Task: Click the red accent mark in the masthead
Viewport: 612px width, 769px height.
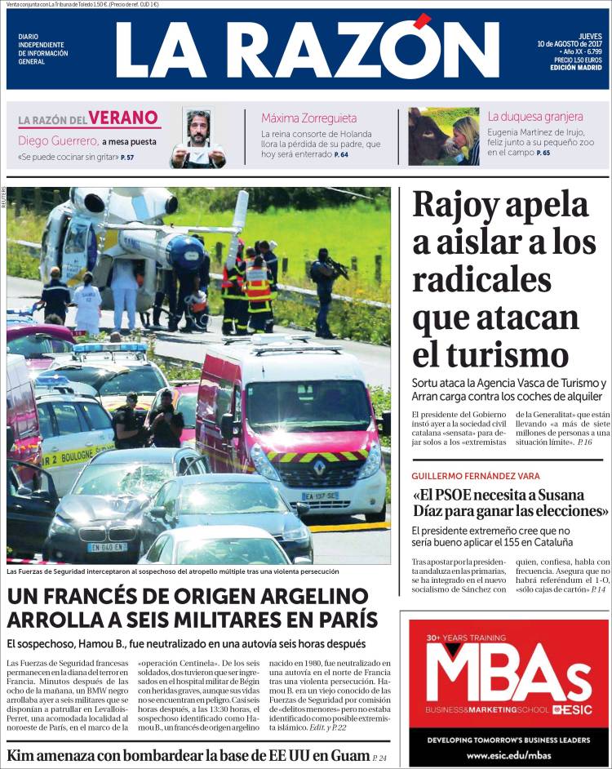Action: (422, 21)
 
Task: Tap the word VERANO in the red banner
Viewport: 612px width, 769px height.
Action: (124, 118)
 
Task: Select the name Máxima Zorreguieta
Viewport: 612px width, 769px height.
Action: (309, 118)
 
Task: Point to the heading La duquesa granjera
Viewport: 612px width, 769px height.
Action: (535, 117)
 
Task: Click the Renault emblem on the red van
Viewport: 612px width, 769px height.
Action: (319, 469)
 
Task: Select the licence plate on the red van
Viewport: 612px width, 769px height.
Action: (320, 496)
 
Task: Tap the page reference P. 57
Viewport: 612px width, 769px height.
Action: (126, 157)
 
